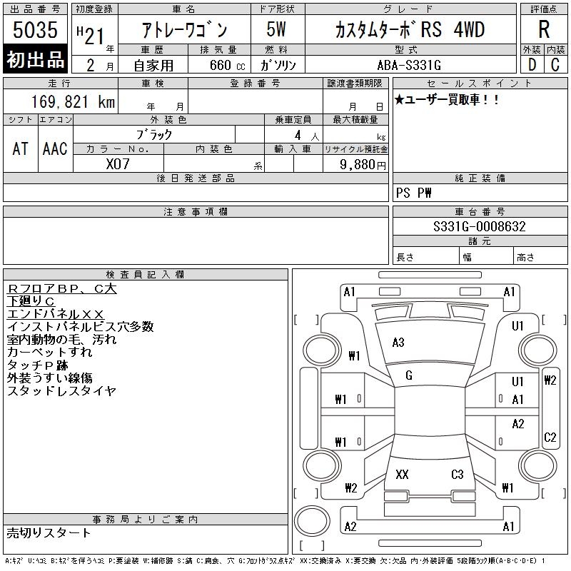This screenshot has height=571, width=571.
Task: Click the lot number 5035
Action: pos(35,29)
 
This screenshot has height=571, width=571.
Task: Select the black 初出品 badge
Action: pos(35,59)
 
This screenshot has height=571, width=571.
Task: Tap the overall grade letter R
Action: pos(544,29)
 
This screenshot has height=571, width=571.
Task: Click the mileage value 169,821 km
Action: pos(73,101)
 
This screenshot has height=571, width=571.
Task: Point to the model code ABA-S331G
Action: pos(409,65)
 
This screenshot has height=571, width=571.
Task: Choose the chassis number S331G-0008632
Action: pos(480,226)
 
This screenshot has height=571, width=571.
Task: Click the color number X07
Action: pos(118,164)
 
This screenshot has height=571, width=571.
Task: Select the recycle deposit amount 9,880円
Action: pos(363,165)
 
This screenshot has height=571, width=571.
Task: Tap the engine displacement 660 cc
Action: pos(227,65)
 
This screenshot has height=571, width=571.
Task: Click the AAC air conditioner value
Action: pos(55,148)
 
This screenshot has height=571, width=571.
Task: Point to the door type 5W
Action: pos(276,29)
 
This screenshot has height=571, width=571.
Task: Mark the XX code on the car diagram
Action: pos(402,474)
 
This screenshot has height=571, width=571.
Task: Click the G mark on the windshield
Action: pos(409,375)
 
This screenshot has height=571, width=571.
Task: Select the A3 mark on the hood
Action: pos(398,343)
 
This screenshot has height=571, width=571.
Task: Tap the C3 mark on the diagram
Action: pos(458,474)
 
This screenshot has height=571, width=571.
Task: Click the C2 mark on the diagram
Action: pos(550,437)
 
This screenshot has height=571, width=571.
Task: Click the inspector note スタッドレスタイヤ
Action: pos(61,390)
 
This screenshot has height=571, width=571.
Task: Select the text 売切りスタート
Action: pos(49,532)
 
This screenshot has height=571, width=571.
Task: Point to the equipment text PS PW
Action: pos(414,193)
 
